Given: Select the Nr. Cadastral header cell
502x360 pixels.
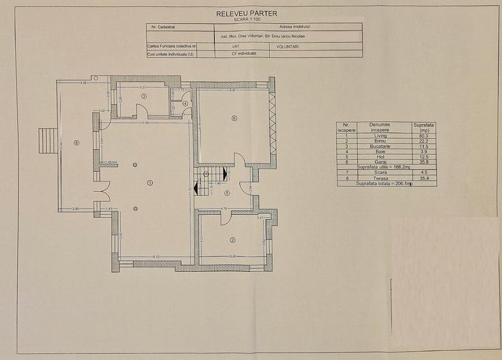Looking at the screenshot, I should (x=162, y=27).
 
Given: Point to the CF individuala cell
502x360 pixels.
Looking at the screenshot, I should (x=244, y=54).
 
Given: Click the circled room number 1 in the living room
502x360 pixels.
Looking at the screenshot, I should (x=150, y=182).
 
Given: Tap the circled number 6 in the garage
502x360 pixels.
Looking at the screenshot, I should (x=235, y=118).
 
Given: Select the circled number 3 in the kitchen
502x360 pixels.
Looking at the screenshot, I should (x=145, y=96).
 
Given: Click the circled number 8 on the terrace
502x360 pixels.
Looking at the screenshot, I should (x=76, y=143).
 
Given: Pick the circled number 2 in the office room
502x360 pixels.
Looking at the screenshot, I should (x=233, y=240).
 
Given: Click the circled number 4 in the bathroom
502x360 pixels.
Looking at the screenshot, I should (x=185, y=103).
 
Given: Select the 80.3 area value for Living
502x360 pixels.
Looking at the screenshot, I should (x=422, y=136).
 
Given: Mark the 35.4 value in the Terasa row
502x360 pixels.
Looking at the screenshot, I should (x=422, y=178).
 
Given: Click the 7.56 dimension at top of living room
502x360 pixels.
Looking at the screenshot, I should (x=146, y=123).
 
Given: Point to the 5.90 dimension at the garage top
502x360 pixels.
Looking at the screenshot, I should (x=233, y=91).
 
